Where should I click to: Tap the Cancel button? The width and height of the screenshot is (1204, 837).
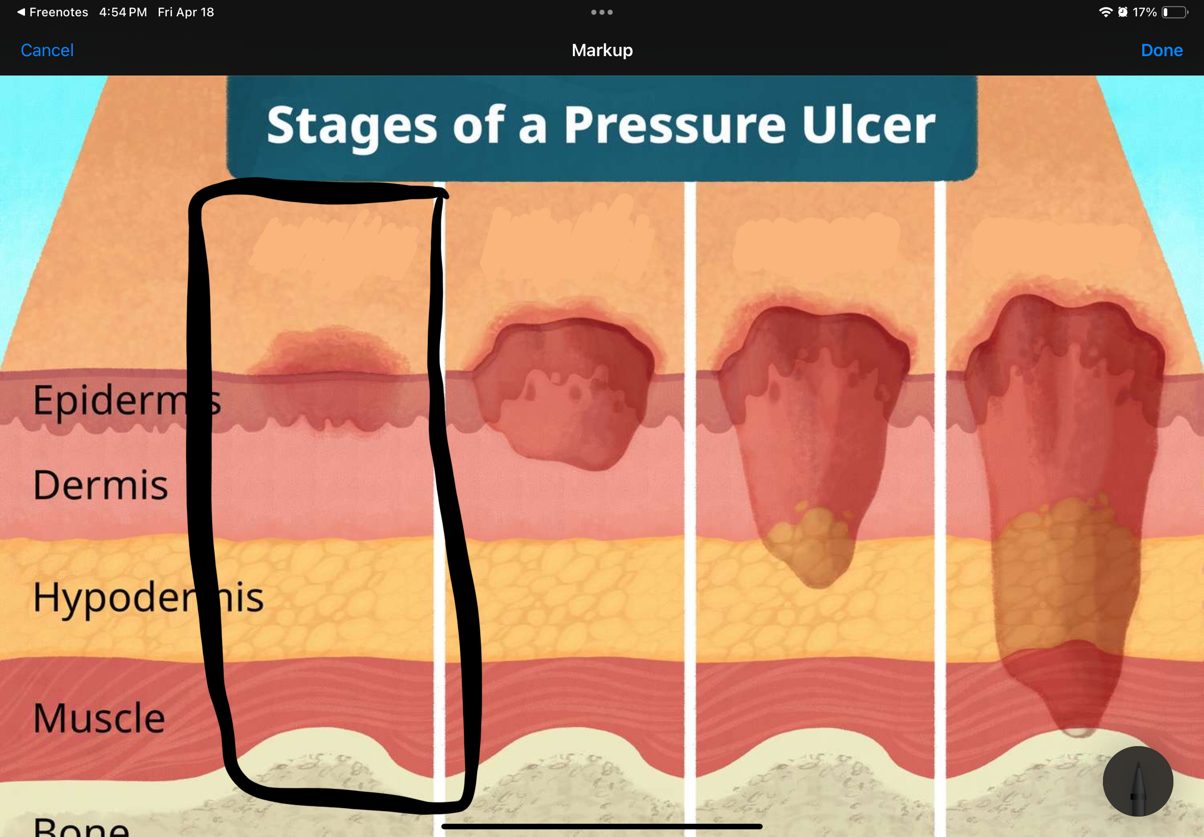point(47,51)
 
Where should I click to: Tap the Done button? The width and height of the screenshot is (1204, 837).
point(1162,51)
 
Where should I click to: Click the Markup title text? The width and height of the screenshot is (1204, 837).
point(601,51)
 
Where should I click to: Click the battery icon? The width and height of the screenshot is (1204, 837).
point(1174,12)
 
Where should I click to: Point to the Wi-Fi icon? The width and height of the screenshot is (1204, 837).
point(1105,12)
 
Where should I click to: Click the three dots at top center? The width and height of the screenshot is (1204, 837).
point(601,12)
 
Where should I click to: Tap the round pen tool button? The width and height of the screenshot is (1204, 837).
point(1138,781)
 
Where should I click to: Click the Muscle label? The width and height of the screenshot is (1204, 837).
point(99,718)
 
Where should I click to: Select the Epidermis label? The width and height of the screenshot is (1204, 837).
point(126,400)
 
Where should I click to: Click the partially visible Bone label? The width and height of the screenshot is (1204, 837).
point(81,828)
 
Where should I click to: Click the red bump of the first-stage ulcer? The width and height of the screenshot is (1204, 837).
point(330,351)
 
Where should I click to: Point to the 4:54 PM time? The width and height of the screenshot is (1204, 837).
point(122,12)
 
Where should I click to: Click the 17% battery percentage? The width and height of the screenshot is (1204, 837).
point(1144,12)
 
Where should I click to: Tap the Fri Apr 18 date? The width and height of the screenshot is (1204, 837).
point(186,12)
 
